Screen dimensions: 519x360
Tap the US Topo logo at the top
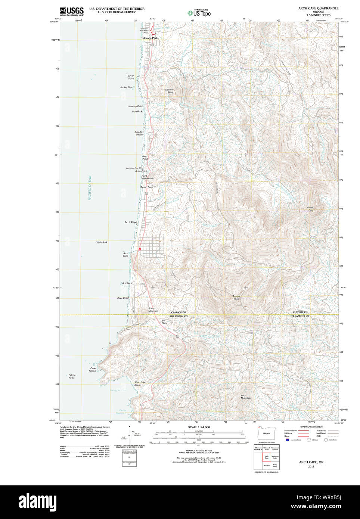click(199, 13)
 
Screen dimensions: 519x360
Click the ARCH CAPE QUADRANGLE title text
click(318, 8)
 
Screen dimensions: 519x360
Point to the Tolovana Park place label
click(149, 38)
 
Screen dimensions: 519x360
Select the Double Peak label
click(169, 91)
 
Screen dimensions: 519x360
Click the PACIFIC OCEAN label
click(90, 188)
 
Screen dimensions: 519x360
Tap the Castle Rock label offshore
click(101, 242)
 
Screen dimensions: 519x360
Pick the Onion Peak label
click(310, 209)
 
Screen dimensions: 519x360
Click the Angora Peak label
click(236, 298)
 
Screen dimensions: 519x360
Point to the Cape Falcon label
click(92, 370)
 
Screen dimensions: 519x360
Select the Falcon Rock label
click(72, 376)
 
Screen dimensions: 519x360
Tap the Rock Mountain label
click(246, 397)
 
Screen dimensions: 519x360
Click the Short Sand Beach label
click(140, 383)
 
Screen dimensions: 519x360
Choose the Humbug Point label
click(135, 106)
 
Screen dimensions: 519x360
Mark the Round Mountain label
click(153, 310)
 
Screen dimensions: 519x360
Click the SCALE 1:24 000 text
click(199, 427)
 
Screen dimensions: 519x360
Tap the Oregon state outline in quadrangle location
click(266, 433)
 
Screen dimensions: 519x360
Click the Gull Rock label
click(127, 283)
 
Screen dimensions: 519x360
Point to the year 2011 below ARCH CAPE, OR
click(311, 466)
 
